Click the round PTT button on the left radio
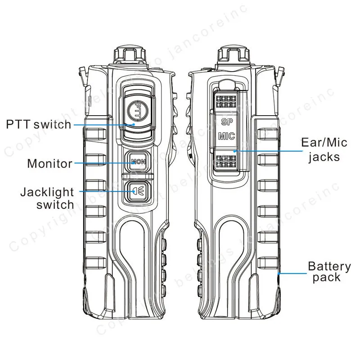[x=137, y=111]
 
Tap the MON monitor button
[x=138, y=162]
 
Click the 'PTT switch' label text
[x=39, y=125]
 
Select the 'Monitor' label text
[x=49, y=164]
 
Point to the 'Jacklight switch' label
[x=47, y=198]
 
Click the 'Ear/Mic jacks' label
[x=324, y=150]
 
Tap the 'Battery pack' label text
[x=329, y=271]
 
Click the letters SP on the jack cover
[x=227, y=121]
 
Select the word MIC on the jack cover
[x=227, y=136]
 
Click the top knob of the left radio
[x=130, y=55]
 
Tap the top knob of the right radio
[x=233, y=55]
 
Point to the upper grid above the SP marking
[x=226, y=102]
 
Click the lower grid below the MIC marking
[x=226, y=161]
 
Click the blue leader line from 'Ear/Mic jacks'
[x=268, y=151]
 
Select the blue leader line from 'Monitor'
[x=105, y=163]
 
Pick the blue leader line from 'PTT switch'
[x=104, y=125]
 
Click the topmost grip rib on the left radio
[x=96, y=134]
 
